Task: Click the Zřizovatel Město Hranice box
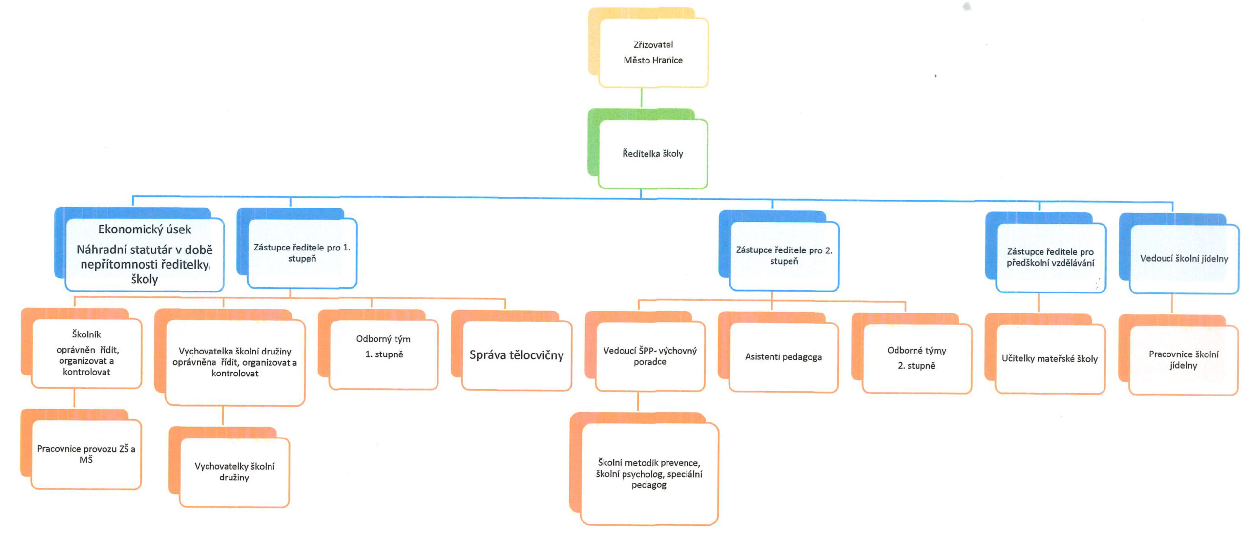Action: pyautogui.click(x=653, y=53)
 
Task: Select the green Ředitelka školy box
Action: pyautogui.click(x=653, y=154)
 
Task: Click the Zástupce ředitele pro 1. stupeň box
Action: pyautogui.click(x=302, y=253)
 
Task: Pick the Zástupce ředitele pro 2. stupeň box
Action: pyautogui.click(x=784, y=256)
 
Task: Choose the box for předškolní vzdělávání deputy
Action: pyautogui.click(x=1051, y=258)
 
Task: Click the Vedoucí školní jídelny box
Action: pyautogui.click(x=1184, y=259)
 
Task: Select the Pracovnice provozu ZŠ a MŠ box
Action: pyautogui.click(x=86, y=454)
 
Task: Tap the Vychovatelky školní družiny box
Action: pyautogui.click(x=234, y=472)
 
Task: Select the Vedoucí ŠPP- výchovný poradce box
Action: pyautogui.click(x=650, y=356)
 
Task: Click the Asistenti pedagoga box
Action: pyautogui.click(x=783, y=357)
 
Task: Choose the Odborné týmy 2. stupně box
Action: pyautogui.click(x=917, y=358)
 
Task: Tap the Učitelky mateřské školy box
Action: pyautogui.click(x=1050, y=359)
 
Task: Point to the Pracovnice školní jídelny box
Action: pyautogui.click(x=1184, y=360)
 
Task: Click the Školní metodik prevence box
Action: pyautogui.click(x=649, y=474)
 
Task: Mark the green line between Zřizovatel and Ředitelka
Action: pyautogui.click(x=641, y=98)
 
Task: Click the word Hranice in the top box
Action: pyautogui.click(x=667, y=60)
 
